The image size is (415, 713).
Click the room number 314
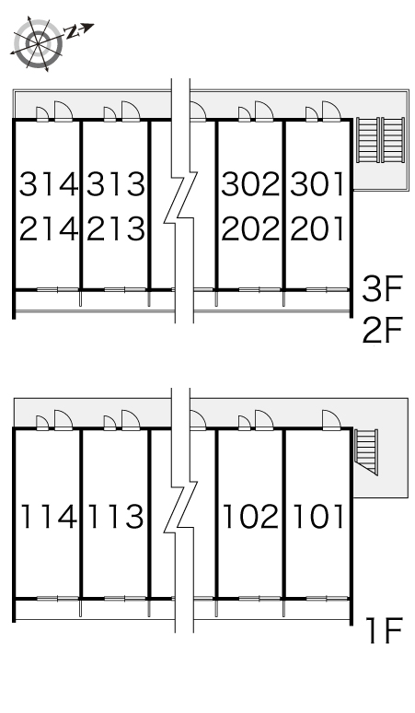pyautogui.click(x=49, y=184)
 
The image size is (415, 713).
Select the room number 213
pyautogui.click(x=116, y=228)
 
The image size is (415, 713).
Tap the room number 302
pyautogui.click(x=250, y=184)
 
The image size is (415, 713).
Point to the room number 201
pyautogui.click(x=317, y=228)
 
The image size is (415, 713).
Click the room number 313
pyautogui.click(x=116, y=184)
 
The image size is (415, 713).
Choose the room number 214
pyautogui.click(x=49, y=228)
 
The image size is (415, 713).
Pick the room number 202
pyautogui.click(x=250, y=228)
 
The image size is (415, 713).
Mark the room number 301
pyautogui.click(x=317, y=184)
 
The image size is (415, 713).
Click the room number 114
pyautogui.click(x=49, y=517)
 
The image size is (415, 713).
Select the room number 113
pyautogui.click(x=116, y=517)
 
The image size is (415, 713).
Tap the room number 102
pyautogui.click(x=250, y=517)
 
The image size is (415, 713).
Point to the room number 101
pyautogui.click(x=317, y=517)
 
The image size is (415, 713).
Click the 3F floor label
pyautogui.click(x=382, y=289)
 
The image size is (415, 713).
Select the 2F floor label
pyautogui.click(x=382, y=330)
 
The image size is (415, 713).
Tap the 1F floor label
pyautogui.click(x=385, y=631)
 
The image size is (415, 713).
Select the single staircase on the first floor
pyautogui.click(x=366, y=452)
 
